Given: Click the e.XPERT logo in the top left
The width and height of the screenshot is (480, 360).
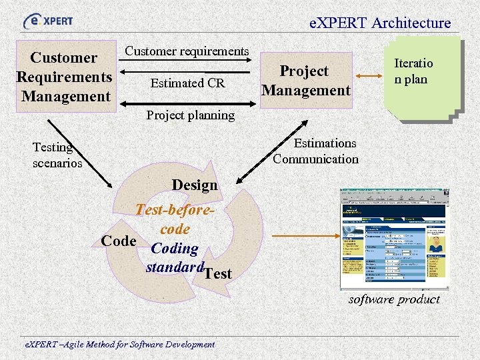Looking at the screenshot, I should [48, 21].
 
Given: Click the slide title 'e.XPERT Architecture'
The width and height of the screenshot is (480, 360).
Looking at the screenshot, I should [380, 23].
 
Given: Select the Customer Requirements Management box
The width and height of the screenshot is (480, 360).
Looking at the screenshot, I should [64, 77].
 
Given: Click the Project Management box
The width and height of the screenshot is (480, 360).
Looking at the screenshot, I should [305, 80].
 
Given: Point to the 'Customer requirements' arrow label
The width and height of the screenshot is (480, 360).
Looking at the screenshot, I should [187, 51].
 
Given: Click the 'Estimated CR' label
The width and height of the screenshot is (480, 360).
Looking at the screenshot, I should [188, 83].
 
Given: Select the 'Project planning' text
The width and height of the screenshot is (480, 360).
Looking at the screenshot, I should [190, 115].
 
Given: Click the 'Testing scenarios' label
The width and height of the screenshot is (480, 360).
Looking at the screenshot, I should [57, 155].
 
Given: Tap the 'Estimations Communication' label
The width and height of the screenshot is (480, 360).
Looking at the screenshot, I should [316, 151].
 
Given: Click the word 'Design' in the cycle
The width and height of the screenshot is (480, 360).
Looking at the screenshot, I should [195, 185].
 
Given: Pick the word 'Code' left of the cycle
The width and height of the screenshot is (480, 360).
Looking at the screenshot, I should [119, 241].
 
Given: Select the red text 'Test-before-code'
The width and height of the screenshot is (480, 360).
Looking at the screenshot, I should [175, 219].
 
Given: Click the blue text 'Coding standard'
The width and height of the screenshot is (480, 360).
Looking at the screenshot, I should [175, 258].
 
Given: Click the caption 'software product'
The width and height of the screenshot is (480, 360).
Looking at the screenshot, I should [394, 299].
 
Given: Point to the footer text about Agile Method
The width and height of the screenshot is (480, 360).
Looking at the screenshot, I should [120, 344].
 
